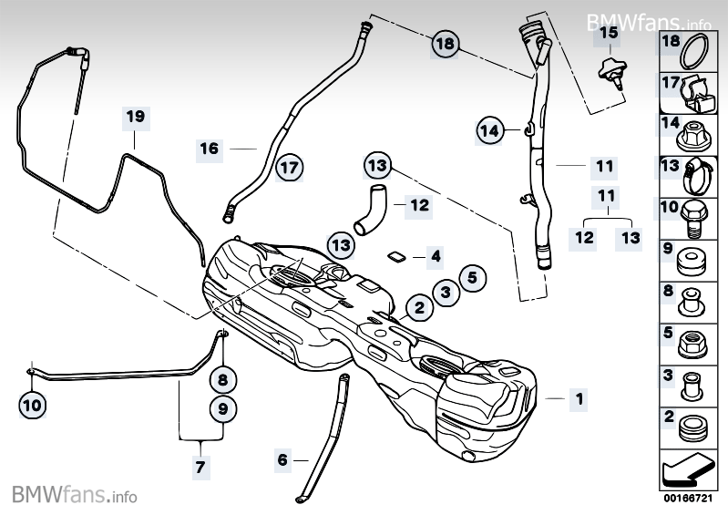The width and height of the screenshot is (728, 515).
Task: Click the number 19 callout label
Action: (136, 117)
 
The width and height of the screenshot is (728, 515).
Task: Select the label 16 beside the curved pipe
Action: (210, 148)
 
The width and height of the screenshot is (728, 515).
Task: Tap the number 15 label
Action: (608, 33)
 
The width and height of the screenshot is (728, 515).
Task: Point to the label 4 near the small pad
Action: (436, 257)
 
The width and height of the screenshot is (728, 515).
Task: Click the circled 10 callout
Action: (31, 401)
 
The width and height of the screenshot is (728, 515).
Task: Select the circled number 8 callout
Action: (222, 376)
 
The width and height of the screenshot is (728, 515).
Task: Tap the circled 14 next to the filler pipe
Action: (490, 131)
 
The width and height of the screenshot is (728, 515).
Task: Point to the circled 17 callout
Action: (289, 168)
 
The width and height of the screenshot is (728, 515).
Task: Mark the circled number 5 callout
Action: (471, 277)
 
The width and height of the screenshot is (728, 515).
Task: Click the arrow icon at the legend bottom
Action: (690, 471)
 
